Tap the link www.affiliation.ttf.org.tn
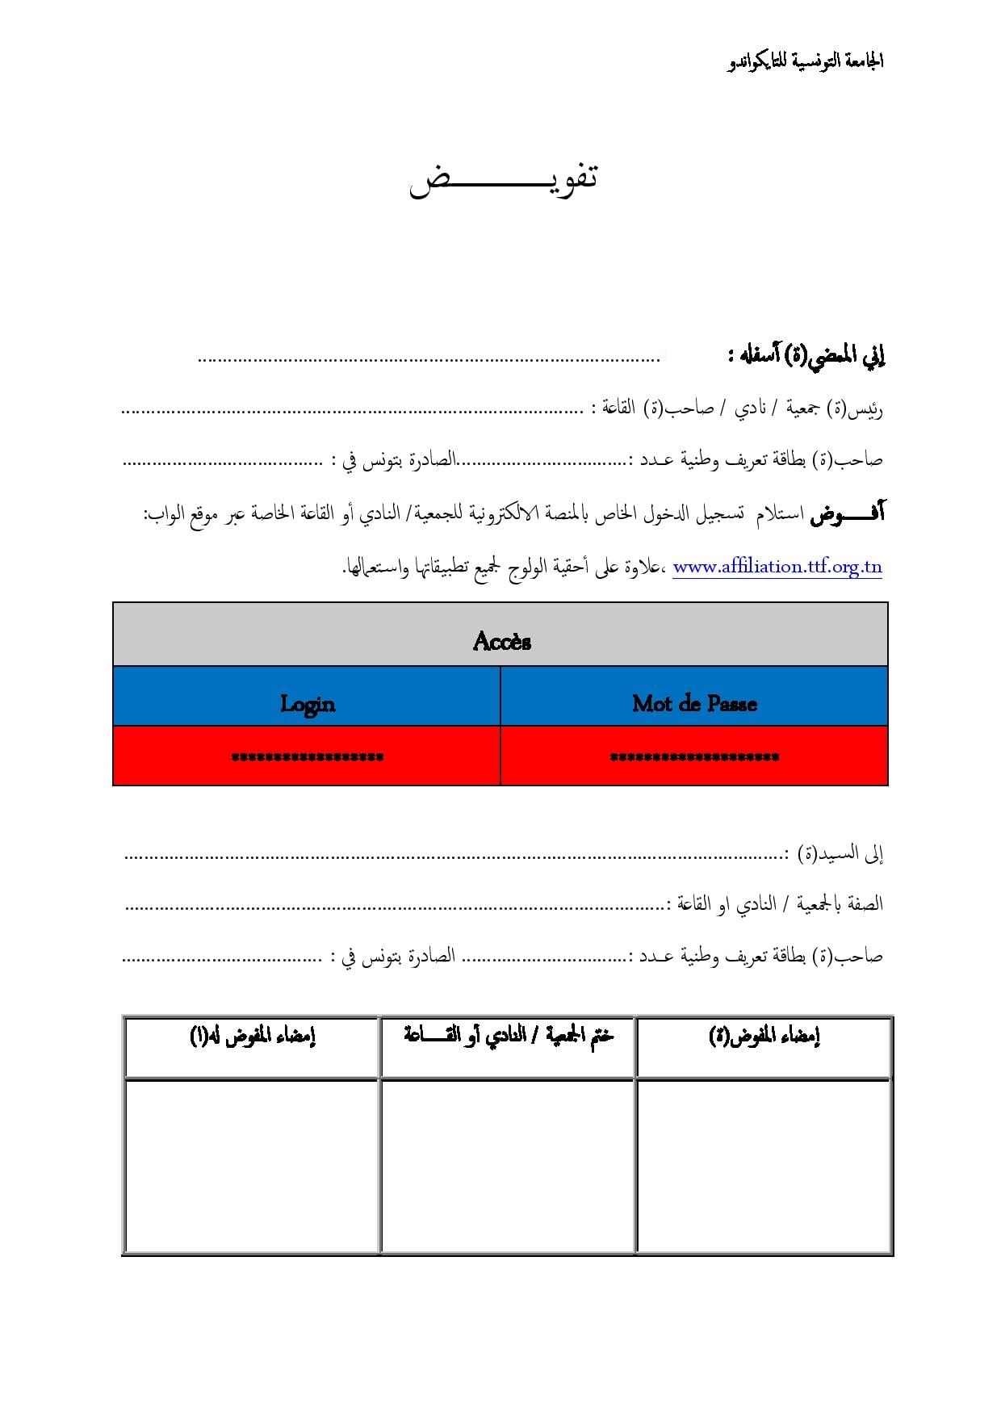[777, 567]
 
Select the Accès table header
[501, 642]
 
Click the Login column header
[307, 704]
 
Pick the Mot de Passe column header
[694, 704]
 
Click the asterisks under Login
[307, 757]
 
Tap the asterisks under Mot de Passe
[694, 757]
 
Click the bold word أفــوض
[848, 513]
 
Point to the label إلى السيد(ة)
[840, 854]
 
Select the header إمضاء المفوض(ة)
[764, 1037]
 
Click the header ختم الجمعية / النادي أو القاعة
[508, 1035]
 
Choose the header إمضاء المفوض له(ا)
[252, 1037]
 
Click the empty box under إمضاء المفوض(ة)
[764, 1166]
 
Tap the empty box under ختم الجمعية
[508, 1166]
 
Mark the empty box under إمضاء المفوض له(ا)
[252, 1166]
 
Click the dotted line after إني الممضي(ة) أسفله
[428, 359]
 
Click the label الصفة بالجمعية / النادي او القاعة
[778, 904]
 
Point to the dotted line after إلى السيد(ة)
[452, 856]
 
